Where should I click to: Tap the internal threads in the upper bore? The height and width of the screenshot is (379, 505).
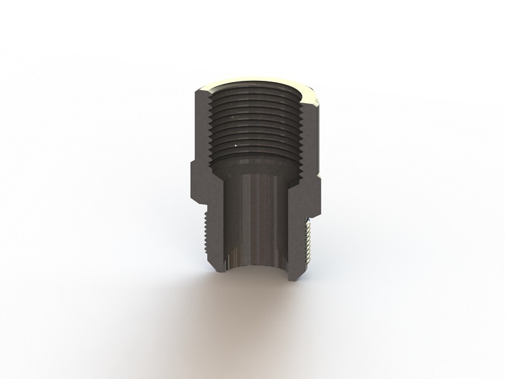click(x=252, y=126)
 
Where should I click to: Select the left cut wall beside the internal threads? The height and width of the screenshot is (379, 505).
click(x=201, y=126)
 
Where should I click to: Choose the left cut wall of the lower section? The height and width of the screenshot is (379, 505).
click(x=218, y=234)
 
